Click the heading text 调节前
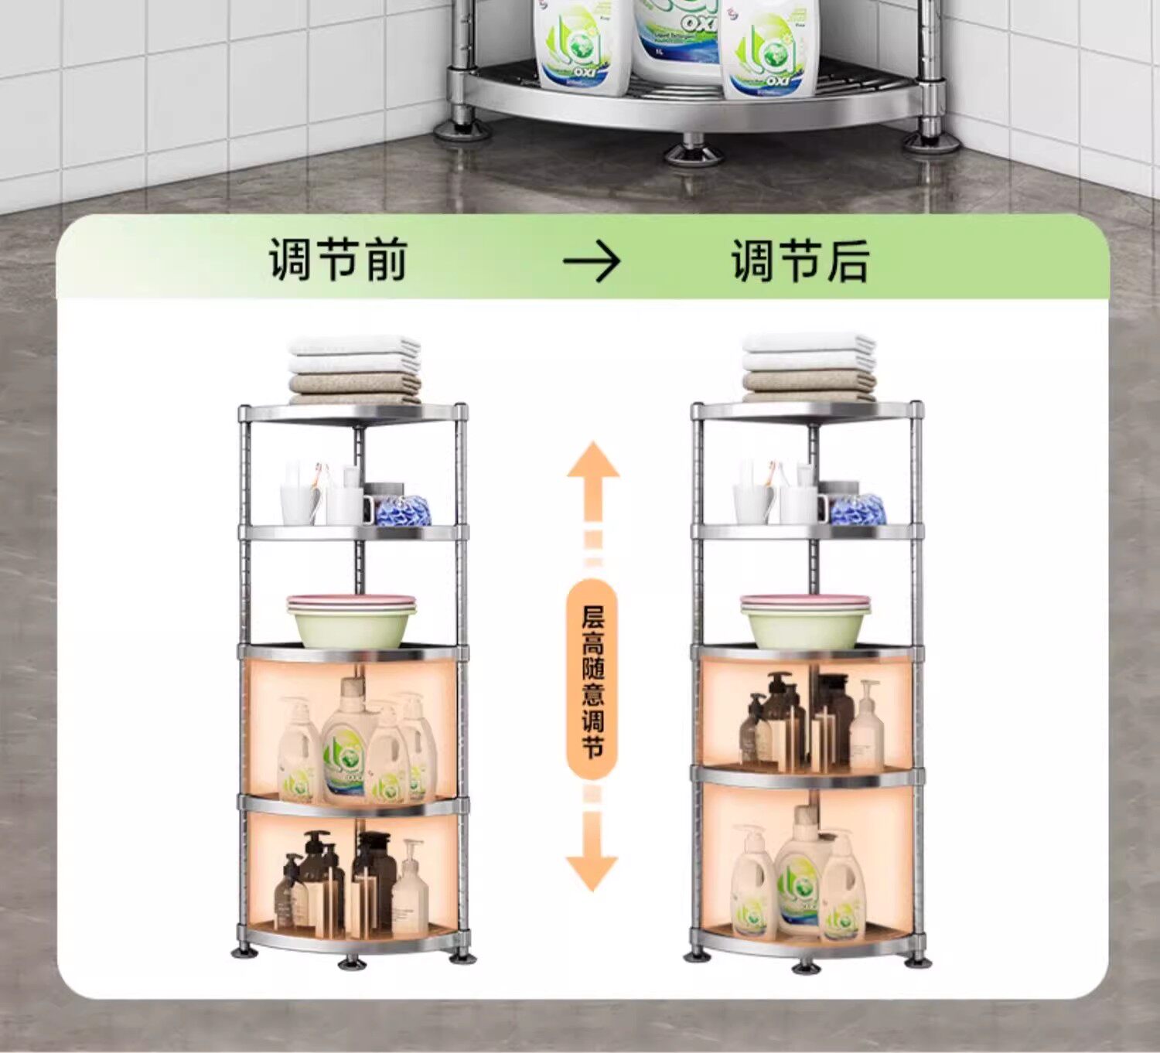pyautogui.click(x=338, y=260)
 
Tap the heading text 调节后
pyautogui.click(x=800, y=261)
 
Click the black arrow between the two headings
pyautogui.click(x=592, y=262)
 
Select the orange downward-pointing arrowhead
pyautogui.click(x=592, y=869)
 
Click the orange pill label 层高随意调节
pyautogui.click(x=592, y=680)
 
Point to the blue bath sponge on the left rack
pyautogui.click(x=402, y=510)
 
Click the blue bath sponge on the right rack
pyautogui.click(x=857, y=509)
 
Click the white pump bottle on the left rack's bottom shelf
pyautogui.click(x=410, y=897)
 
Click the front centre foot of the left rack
pyautogui.click(x=353, y=963)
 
